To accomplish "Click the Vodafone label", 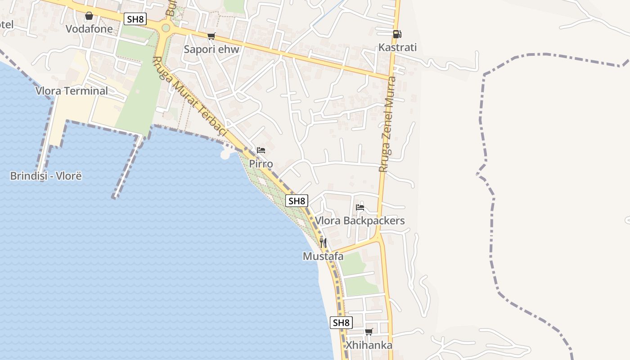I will coord(89,29).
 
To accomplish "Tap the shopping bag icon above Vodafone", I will coord(89,16).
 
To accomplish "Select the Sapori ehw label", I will coord(211,49).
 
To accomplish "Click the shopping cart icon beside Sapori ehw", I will coord(211,36).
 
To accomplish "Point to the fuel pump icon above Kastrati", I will coord(397,34).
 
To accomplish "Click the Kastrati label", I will coord(397,47).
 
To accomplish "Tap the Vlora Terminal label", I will coord(72,91).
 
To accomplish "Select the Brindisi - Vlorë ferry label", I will coord(46,176).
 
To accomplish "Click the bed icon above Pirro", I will coord(261,150).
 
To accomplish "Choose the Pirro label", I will coord(261,164).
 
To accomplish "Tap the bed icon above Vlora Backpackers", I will coord(360,207).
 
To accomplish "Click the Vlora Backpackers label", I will coord(360,220).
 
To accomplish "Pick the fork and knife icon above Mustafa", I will coord(323,243).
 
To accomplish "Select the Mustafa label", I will coord(323,256).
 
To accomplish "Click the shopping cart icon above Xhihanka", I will coord(369,332).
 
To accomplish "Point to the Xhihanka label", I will coord(369,345).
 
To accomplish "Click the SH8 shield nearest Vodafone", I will coord(135,19).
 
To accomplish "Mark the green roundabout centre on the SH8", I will coord(166,28).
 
